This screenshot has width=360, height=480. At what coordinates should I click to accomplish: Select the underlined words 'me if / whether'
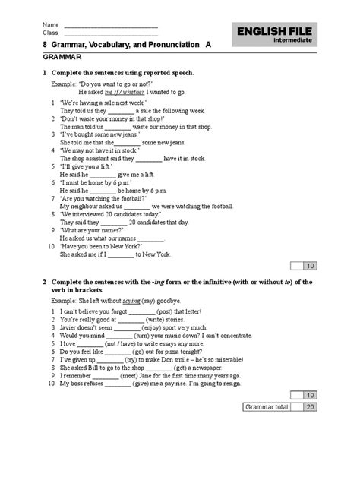coord(126,91)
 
